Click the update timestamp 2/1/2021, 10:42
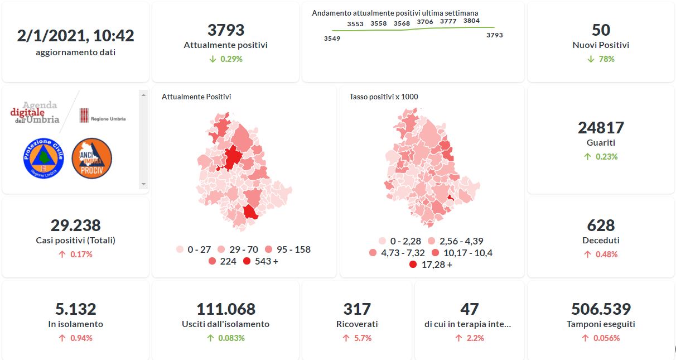coord(75,36)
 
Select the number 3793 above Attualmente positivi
coord(225,30)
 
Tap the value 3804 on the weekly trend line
coord(471,21)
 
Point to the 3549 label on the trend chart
coord(332,39)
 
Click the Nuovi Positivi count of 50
coord(601,30)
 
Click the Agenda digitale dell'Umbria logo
coord(35,113)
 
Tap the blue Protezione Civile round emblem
coord(44,159)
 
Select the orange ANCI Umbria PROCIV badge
coord(92,159)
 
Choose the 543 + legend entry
coord(262,261)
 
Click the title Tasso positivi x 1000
coord(384,97)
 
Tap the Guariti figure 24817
coord(601,128)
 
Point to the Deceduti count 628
coord(601,225)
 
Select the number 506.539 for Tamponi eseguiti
coord(601,309)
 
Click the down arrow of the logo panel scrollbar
coord(143,184)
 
